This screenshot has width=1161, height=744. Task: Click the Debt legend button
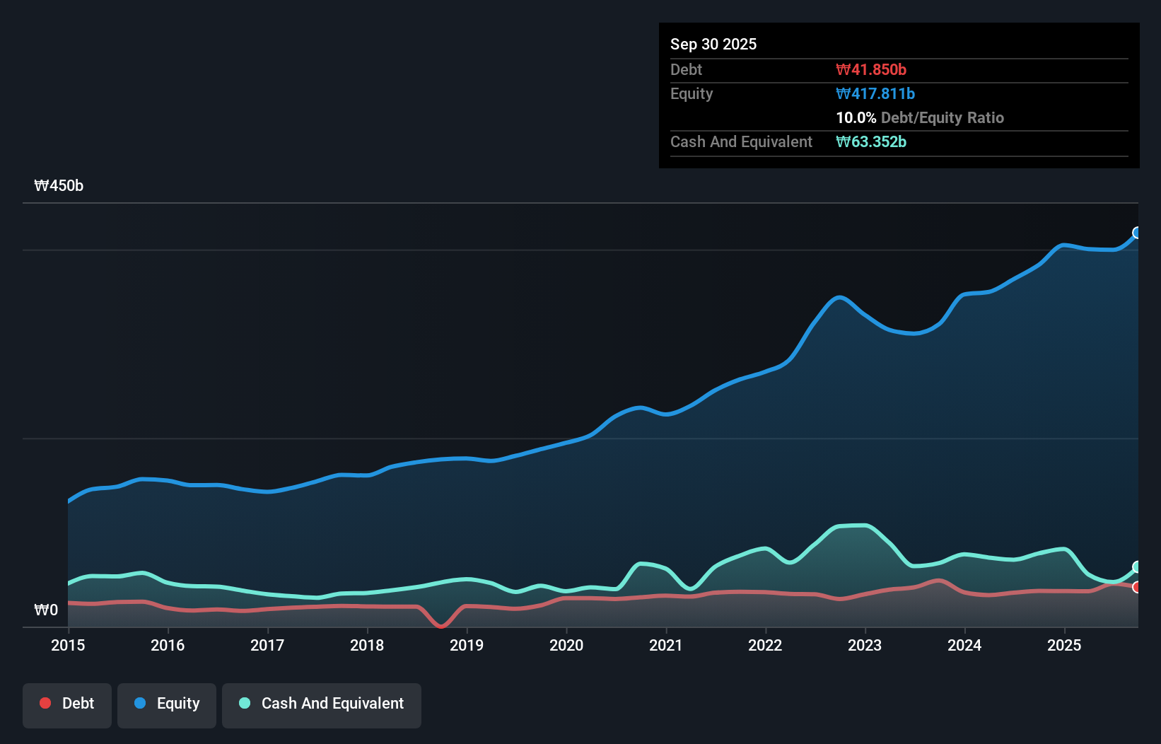(x=67, y=704)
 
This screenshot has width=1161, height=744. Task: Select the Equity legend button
(x=167, y=704)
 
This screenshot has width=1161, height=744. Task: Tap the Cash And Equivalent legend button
(x=322, y=704)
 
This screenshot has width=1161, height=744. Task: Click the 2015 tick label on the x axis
(x=68, y=645)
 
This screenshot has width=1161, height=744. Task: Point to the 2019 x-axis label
(x=467, y=645)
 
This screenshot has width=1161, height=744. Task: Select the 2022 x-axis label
(x=765, y=645)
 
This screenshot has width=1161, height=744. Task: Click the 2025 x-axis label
(x=1064, y=645)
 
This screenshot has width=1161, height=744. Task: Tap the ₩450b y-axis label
(x=59, y=186)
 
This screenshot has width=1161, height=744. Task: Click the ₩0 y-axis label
(x=46, y=610)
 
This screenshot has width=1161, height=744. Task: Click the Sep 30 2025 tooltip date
(x=713, y=44)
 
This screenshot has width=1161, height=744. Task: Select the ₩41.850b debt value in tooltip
(x=870, y=69)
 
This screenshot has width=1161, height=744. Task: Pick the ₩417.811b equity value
(x=875, y=93)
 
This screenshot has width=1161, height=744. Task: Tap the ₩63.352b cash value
(x=870, y=141)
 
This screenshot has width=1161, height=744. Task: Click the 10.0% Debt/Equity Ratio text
(x=919, y=117)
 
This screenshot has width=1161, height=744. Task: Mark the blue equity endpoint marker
(x=1137, y=233)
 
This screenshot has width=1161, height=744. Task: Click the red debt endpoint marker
(x=1137, y=587)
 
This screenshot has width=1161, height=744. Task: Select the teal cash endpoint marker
(x=1137, y=566)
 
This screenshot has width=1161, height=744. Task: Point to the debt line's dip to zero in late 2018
(x=441, y=626)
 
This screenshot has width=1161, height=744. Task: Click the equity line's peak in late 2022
(x=839, y=297)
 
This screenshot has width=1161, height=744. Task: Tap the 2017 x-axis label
(x=267, y=645)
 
